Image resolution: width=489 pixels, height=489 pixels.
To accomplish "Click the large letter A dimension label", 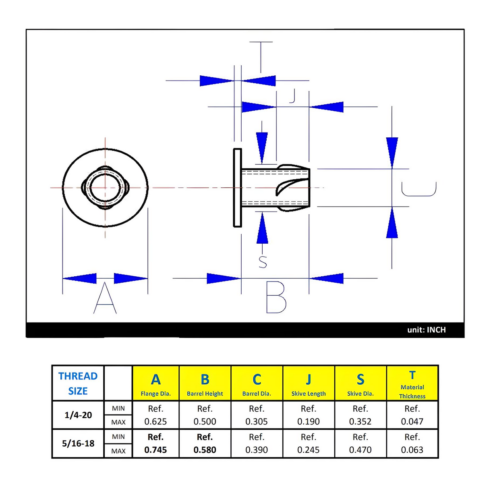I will click(105, 298).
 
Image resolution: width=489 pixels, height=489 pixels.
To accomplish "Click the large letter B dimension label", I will click(276, 298).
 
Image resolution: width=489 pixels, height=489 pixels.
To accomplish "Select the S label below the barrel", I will click(263, 262).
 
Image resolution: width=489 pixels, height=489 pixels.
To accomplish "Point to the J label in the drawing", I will click(293, 96).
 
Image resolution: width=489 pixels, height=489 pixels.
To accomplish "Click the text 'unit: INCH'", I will click(426, 330).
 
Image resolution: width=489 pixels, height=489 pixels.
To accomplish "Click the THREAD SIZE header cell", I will click(78, 383).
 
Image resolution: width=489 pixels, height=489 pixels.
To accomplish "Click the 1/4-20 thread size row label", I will click(78, 415).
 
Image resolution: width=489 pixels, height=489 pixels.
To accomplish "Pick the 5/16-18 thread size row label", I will click(78, 443).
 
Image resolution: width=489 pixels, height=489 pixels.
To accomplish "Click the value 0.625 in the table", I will click(155, 422).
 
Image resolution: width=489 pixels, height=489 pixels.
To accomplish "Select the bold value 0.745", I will click(155, 450).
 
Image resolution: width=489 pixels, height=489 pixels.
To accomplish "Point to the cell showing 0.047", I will click(412, 422).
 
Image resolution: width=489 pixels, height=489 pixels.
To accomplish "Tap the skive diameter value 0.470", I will click(360, 450).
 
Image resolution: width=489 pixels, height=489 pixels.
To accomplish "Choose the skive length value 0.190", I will click(308, 422).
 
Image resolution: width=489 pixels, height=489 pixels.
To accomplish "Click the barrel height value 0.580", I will click(205, 450).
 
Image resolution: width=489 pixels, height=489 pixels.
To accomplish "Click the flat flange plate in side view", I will click(237, 188).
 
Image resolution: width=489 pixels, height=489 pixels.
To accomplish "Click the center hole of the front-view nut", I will click(105, 188).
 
